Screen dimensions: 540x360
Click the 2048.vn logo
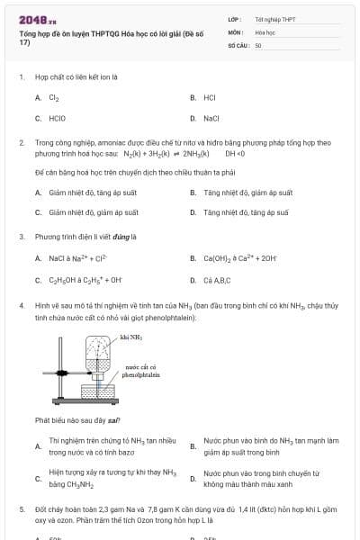click(31, 19)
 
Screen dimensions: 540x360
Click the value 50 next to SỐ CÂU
click(258, 44)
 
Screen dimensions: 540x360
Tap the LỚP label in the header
click(234, 18)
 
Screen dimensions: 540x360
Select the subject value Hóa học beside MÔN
click(265, 31)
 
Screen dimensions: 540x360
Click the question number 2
click(22, 142)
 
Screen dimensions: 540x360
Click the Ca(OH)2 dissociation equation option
click(241, 258)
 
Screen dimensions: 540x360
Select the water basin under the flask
click(99, 391)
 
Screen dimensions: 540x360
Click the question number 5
click(22, 508)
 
